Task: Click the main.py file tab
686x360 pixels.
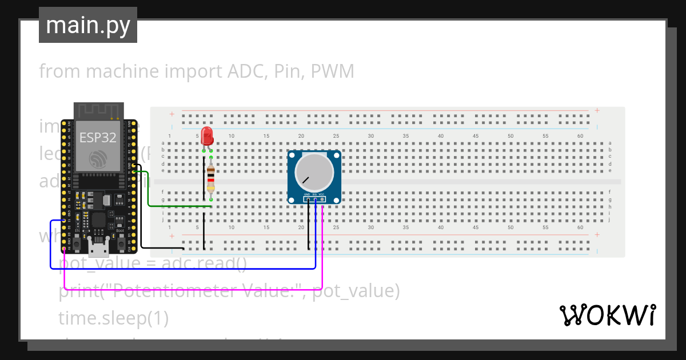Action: point(88,25)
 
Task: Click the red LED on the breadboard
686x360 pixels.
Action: point(207,136)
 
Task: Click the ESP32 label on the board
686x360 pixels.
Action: point(98,138)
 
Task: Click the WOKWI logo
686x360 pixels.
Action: point(607,315)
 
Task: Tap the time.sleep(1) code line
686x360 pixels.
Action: point(113,318)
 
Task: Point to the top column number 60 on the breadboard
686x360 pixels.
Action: point(580,135)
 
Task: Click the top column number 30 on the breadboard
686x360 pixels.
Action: point(371,135)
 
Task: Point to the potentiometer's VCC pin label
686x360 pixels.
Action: point(322,195)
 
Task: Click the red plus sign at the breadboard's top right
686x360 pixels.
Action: point(597,110)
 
